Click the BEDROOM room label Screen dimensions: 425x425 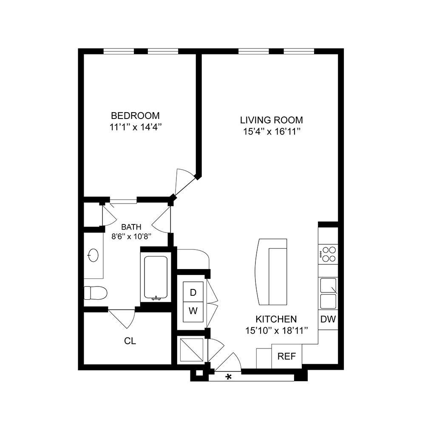pos(135,115)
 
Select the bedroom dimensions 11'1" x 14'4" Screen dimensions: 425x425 pos(135,127)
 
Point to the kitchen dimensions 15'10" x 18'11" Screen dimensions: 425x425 pos(276,330)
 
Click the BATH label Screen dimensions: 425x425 pos(131,227)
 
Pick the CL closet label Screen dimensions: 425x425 pos(130,341)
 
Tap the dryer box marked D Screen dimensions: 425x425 pos(193,292)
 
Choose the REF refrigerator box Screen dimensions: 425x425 pos(286,356)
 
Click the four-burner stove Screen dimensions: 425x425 pos(329,254)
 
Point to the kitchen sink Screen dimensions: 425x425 pos(328,293)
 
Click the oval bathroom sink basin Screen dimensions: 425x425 pos(93,255)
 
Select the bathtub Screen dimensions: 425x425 pos(156,278)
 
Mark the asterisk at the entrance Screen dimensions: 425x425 pos(229,377)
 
